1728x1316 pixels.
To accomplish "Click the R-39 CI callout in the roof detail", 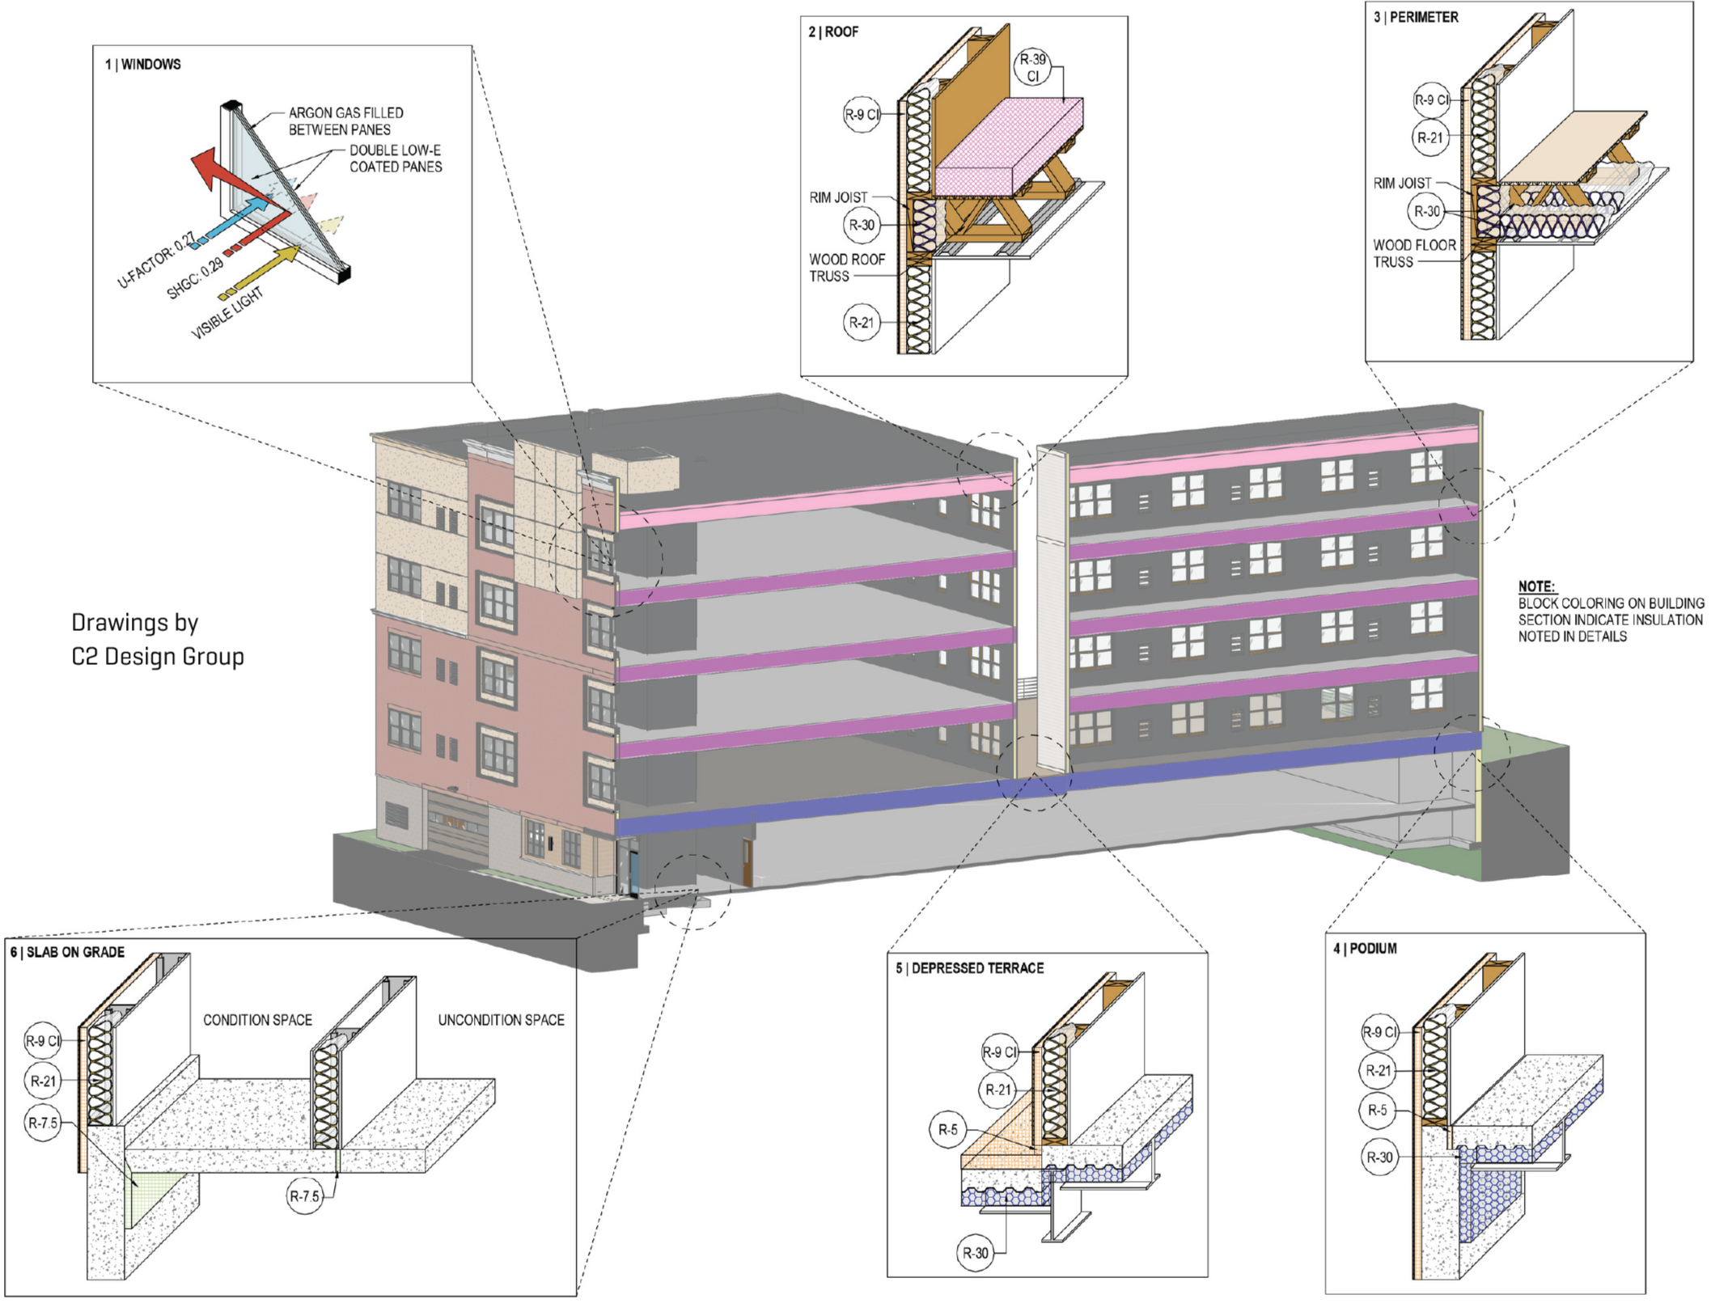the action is (x=1033, y=68).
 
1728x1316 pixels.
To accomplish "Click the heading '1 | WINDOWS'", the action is (x=143, y=65).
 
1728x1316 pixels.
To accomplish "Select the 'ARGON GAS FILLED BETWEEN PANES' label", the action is (x=345, y=121).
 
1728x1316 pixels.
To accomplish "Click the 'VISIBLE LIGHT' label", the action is (x=227, y=314).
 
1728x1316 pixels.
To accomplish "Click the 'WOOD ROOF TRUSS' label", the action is (x=846, y=268).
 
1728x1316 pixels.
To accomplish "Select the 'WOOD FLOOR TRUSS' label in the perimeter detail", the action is (x=1414, y=253).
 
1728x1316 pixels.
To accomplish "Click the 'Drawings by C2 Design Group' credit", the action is (x=158, y=639).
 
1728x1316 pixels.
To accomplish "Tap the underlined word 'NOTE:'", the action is (x=1536, y=586).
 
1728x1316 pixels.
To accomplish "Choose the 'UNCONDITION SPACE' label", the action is (x=501, y=1020).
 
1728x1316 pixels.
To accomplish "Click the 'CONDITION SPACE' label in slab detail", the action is (x=257, y=1020).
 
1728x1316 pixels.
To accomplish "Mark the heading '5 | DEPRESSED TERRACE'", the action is (x=970, y=968).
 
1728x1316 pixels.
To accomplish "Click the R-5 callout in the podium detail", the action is (x=1377, y=1111).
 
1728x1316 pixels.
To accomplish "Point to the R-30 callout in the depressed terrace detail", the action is (x=975, y=1253).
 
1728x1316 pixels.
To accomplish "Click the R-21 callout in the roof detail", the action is (x=862, y=323).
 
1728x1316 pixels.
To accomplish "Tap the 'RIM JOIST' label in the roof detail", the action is (x=838, y=197).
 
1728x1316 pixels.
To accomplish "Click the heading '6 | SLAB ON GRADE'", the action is (x=68, y=952).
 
